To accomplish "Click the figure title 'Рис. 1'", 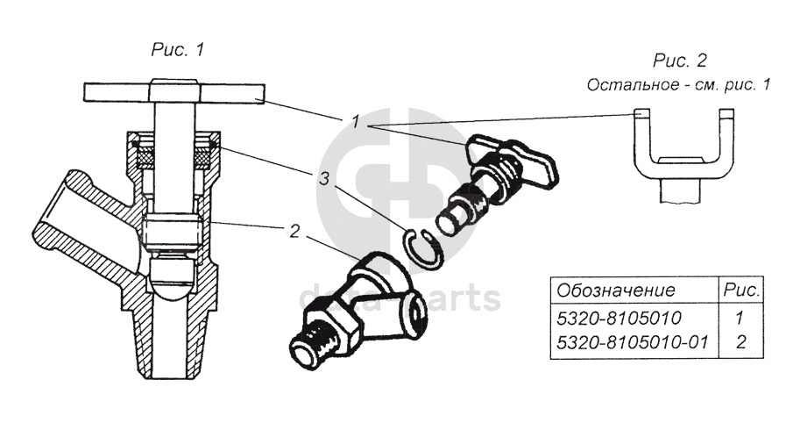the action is [x=178, y=49].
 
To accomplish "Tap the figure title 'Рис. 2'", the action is [x=679, y=61].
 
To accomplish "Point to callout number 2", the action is [x=295, y=233].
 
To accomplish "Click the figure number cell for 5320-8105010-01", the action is [x=740, y=341].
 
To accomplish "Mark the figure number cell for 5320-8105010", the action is [x=740, y=316].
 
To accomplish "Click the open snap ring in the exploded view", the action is [x=423, y=247].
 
